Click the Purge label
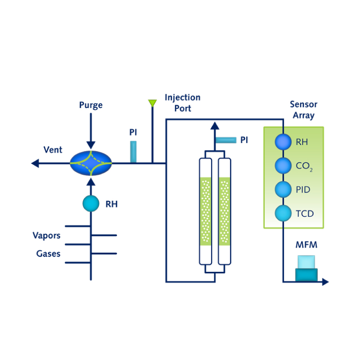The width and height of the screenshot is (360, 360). click(x=91, y=105)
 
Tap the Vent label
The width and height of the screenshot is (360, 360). click(x=53, y=150)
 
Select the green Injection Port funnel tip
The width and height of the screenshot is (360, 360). click(x=152, y=103)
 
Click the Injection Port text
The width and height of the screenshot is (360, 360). click(x=182, y=103)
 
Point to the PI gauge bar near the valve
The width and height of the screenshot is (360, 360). click(x=133, y=151)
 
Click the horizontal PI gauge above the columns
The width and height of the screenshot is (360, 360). click(x=226, y=140)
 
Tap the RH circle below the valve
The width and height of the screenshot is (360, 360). click(x=91, y=204)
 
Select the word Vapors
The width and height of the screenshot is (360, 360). click(x=46, y=236)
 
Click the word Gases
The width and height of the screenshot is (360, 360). click(x=49, y=253)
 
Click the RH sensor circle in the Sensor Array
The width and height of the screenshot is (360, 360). click(x=283, y=142)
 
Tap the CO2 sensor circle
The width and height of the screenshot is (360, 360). click(x=283, y=166)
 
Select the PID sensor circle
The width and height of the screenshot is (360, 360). click(x=283, y=189)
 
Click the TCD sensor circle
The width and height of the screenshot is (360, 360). click(x=283, y=213)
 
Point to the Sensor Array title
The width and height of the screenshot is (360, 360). click(x=303, y=110)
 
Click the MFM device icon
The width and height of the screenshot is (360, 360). click(x=306, y=269)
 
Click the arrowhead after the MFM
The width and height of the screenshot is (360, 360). click(x=325, y=282)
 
